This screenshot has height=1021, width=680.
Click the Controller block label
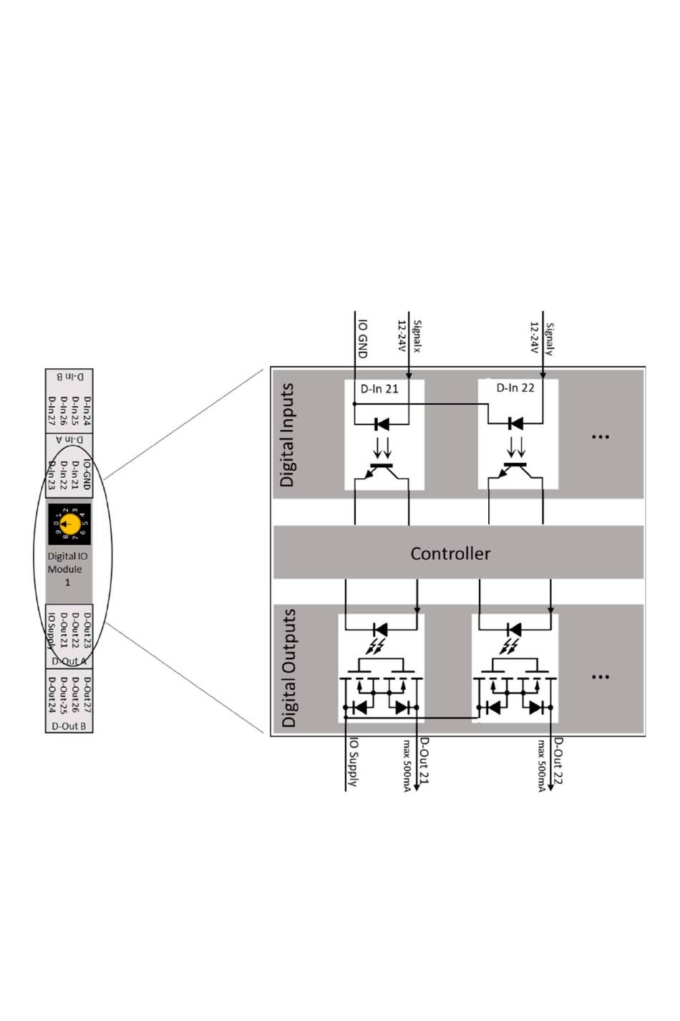coord(450,554)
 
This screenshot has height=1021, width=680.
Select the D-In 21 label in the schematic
coord(379,389)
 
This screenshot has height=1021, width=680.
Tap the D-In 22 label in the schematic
coord(515,388)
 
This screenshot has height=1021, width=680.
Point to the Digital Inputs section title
coord(287,435)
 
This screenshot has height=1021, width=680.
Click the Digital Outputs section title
coord(288,668)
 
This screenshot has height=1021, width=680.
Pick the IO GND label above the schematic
coord(362,338)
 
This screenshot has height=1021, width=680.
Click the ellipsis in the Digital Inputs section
coord(601,436)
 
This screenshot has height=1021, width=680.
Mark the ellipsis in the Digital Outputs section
coord(601,676)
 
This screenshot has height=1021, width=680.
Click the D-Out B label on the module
coord(69,726)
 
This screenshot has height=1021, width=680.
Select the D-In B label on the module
coord(69,375)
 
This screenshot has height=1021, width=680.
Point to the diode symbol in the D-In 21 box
coord(382,424)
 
